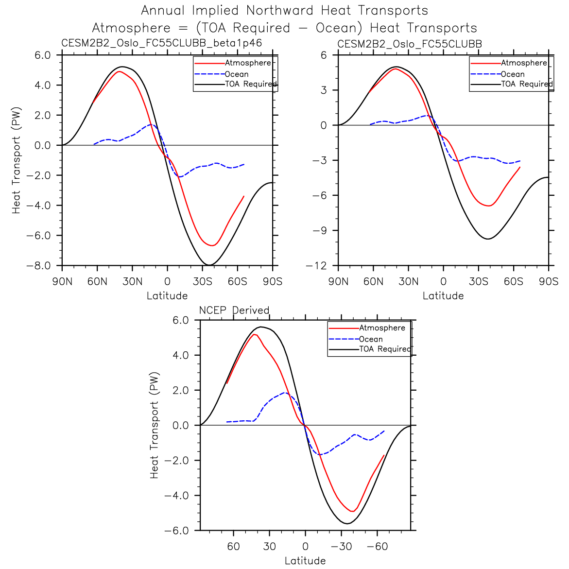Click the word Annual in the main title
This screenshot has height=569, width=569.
(163, 10)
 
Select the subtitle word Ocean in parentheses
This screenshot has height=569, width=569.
(337, 28)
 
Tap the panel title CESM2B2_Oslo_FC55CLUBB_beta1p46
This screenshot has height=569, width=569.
(161, 43)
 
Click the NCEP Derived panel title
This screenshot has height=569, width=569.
(234, 310)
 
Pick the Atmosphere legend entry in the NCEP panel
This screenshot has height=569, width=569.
(382, 328)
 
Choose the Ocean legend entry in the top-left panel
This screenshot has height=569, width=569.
(237, 74)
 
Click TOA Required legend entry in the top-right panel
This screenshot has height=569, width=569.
(527, 84)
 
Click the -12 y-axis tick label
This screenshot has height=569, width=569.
(316, 266)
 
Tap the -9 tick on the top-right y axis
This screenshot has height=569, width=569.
(319, 231)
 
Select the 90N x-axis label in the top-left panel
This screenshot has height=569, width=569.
(62, 281)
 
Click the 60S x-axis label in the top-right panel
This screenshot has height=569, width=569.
(514, 281)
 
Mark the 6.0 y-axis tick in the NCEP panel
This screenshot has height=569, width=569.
(180, 320)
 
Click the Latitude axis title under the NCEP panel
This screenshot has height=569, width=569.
(305, 560)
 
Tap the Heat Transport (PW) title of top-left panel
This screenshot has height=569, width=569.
(17, 160)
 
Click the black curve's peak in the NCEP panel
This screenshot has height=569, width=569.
(261, 327)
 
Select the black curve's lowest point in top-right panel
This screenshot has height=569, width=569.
(488, 239)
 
